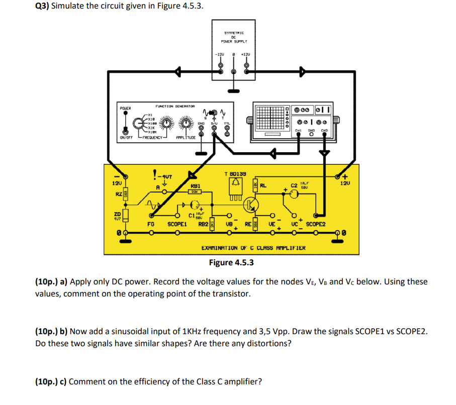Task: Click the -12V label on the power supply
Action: pyautogui.click(x=219, y=54)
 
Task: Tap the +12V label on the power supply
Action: pyautogui.click(x=246, y=54)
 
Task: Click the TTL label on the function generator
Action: pyautogui.click(x=227, y=124)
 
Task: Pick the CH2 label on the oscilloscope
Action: pyautogui.click(x=325, y=130)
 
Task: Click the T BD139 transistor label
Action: pyautogui.click(x=235, y=173)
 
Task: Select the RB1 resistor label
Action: pyautogui.click(x=195, y=185)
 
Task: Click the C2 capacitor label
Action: pyautogui.click(x=294, y=186)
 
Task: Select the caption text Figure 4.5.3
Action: pyautogui.click(x=231, y=262)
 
